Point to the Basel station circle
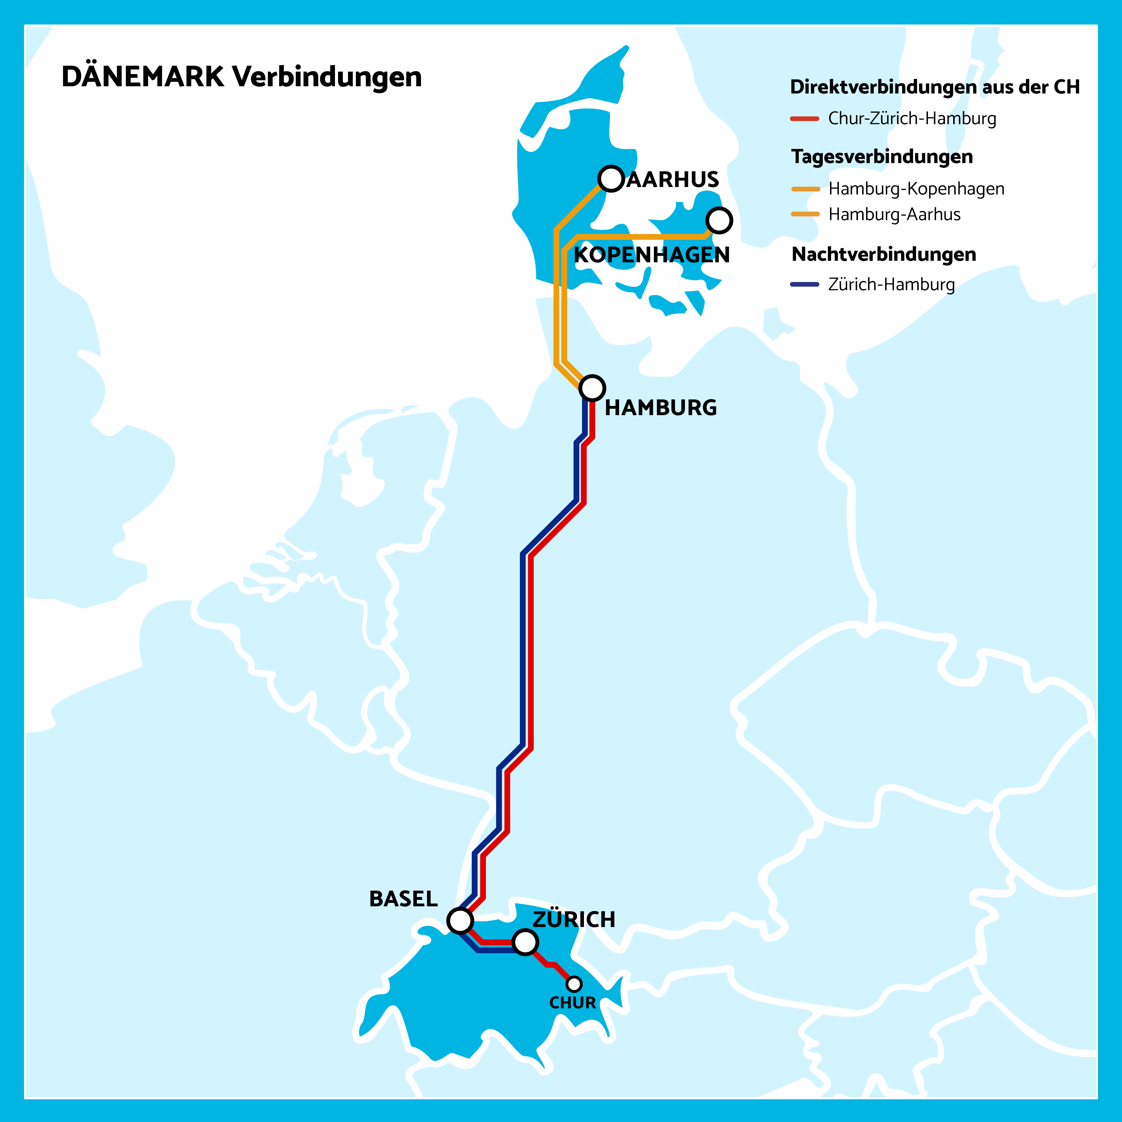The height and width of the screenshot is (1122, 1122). [460, 921]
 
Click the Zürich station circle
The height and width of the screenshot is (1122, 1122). [525, 942]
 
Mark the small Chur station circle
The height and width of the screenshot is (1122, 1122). [574, 984]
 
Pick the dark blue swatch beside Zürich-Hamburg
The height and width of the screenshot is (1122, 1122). [804, 284]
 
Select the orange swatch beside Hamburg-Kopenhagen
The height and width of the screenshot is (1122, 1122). [806, 189]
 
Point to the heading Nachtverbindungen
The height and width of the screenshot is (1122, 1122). [883, 254]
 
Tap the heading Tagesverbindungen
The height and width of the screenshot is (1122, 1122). [882, 157]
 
